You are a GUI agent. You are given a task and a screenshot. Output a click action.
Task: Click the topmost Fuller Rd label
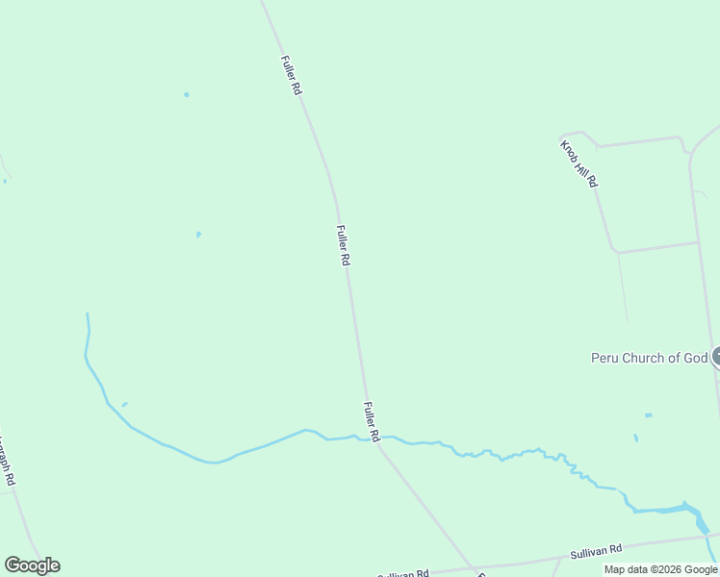[x=292, y=74]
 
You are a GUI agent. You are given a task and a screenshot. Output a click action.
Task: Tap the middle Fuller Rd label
[x=343, y=245]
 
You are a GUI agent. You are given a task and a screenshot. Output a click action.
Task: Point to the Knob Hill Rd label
[x=579, y=163]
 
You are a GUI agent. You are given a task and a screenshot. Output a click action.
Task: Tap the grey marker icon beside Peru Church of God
[x=715, y=358]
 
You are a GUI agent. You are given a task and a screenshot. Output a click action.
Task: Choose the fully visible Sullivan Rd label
[x=597, y=550]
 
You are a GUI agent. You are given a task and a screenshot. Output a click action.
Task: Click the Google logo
[x=32, y=565]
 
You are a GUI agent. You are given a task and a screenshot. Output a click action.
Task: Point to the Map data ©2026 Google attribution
[x=660, y=569]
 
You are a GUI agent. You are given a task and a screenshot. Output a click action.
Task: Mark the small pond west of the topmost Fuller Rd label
[x=186, y=94]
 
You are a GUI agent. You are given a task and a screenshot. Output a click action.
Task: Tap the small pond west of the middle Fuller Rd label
[x=198, y=234]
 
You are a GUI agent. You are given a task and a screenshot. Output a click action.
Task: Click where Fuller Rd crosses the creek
[x=376, y=440]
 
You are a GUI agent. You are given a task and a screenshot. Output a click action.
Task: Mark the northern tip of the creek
[x=88, y=314]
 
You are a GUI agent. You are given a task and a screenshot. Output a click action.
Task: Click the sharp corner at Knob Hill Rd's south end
[x=615, y=252]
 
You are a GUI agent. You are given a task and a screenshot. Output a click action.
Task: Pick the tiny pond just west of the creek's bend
[x=124, y=405]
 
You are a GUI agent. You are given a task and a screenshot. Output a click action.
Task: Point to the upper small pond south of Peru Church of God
[x=648, y=415]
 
